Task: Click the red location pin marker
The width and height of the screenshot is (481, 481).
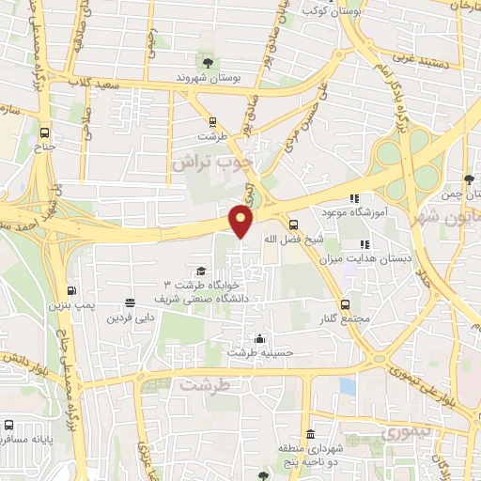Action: [241, 221]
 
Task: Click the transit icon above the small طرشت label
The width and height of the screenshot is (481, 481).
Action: [214, 121]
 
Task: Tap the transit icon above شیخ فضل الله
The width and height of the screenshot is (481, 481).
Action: [294, 225]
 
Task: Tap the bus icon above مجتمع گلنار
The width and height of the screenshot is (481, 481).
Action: [345, 303]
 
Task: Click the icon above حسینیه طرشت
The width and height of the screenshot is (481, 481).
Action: [259, 339]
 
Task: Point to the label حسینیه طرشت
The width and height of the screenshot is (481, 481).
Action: [259, 353]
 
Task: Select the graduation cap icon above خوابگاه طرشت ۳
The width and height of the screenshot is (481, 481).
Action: [201, 271]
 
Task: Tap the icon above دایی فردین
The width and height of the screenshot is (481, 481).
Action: [130, 303]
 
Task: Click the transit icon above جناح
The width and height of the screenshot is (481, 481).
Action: [46, 132]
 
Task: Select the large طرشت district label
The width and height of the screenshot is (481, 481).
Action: [205, 385]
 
